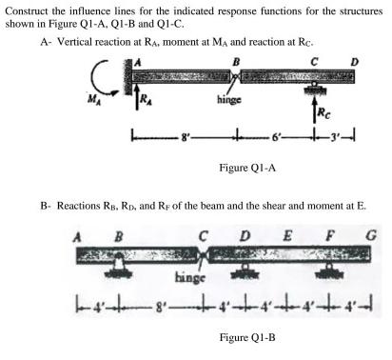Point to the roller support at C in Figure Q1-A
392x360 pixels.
click(312, 89)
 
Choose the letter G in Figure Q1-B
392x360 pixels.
click(360, 234)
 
